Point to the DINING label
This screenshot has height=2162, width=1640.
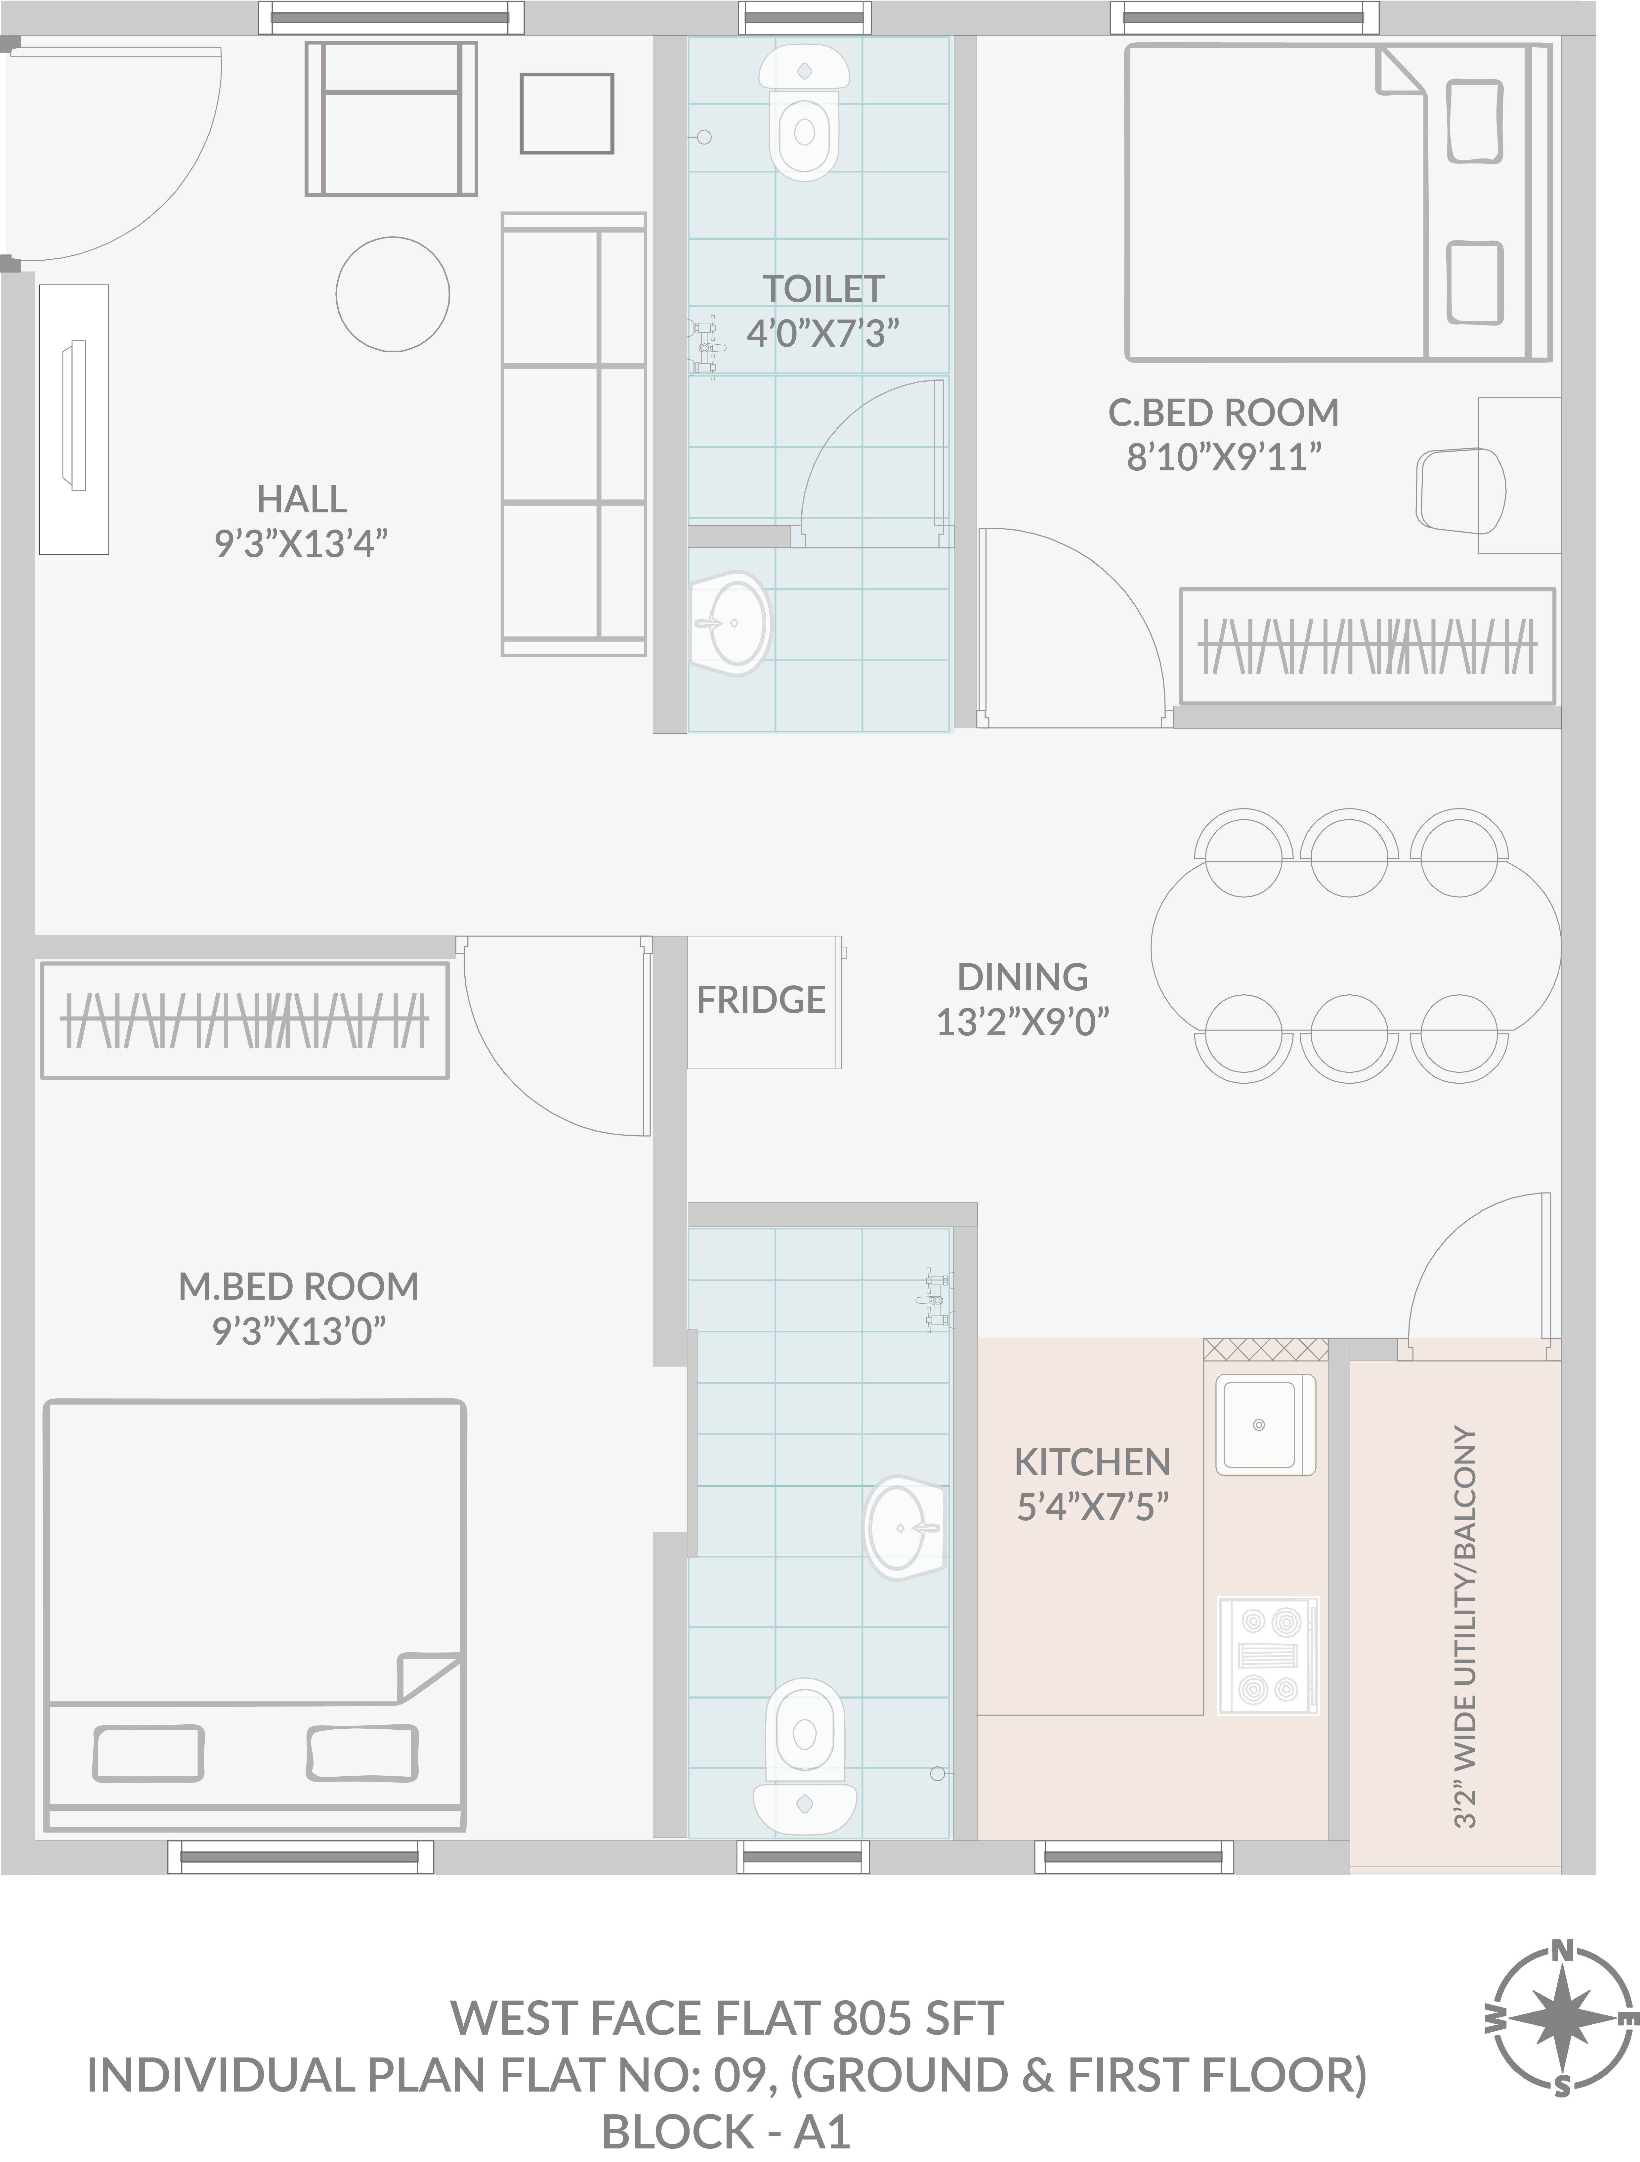(x=1022, y=976)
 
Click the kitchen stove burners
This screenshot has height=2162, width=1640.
(x=1268, y=1655)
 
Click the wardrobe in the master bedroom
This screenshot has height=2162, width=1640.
(x=244, y=1020)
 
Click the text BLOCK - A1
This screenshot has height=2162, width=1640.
(x=725, y=2132)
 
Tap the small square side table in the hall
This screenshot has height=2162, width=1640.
(x=567, y=113)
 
